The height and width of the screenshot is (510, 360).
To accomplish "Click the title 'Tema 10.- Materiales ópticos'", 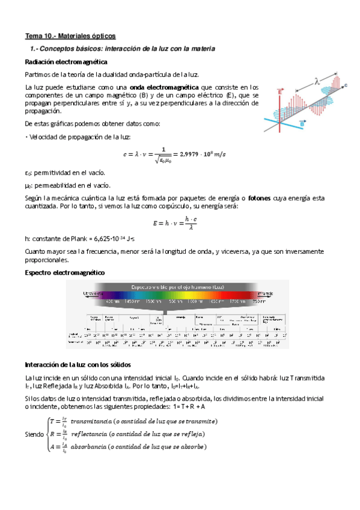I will click(x=70, y=35).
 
